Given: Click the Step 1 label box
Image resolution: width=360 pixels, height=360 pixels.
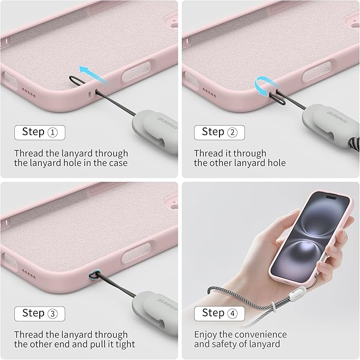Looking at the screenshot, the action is (40, 133).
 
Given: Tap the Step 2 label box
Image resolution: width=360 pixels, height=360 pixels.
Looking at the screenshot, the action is (219, 133).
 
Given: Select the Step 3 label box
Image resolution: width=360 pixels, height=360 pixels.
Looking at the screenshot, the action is (40, 314).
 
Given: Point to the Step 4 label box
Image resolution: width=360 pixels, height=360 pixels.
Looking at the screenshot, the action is (219, 313).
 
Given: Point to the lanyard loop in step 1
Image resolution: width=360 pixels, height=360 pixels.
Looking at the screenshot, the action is (77, 81).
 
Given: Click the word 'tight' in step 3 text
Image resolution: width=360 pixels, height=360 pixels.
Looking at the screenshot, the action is (125, 345).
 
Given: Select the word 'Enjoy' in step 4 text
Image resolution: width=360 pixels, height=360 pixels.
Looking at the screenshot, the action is (206, 335).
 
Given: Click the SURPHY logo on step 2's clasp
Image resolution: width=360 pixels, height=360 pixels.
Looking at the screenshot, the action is (338, 117).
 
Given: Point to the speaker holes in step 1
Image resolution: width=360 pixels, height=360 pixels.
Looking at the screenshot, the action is (29, 92).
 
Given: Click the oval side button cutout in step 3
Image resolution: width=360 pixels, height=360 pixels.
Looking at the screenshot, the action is (136, 252).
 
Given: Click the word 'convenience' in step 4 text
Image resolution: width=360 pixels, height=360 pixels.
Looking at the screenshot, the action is (258, 335).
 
